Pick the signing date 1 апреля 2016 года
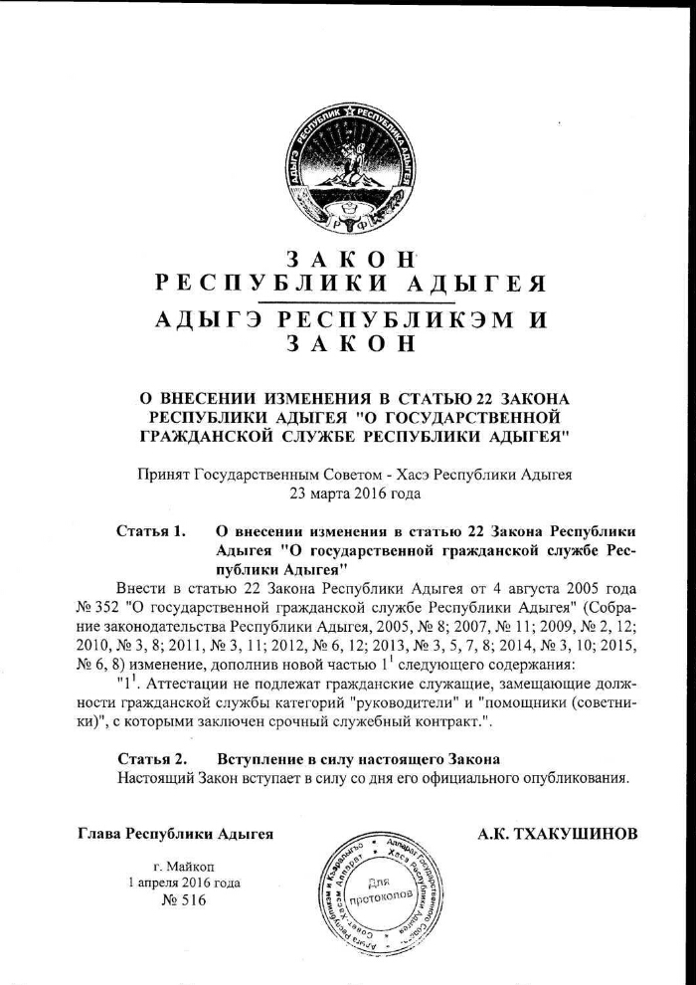tap(184, 883)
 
